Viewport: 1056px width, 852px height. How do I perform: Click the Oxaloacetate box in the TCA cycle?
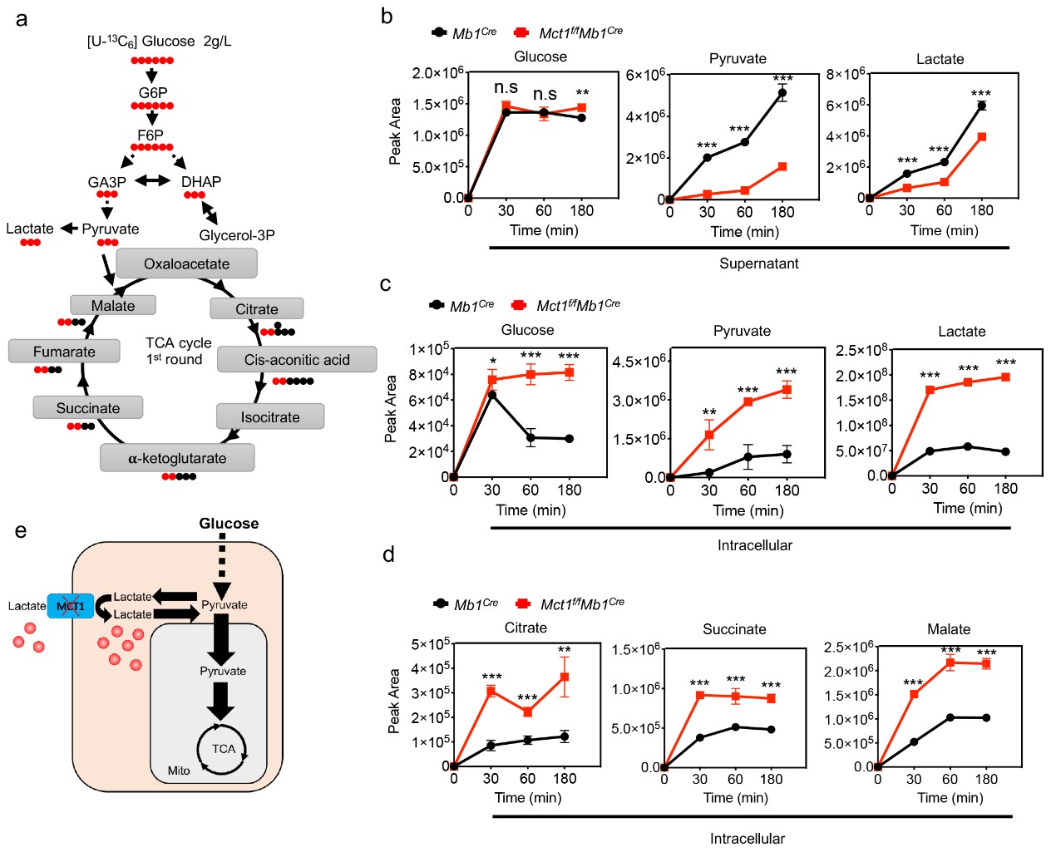click(x=186, y=263)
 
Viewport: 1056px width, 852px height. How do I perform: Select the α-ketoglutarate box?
click(x=177, y=458)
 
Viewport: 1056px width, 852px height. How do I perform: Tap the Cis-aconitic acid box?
click(x=297, y=360)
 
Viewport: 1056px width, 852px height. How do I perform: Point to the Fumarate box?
click(x=64, y=352)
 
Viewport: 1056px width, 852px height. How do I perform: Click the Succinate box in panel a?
click(x=88, y=408)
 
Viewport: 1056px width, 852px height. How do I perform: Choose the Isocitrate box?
click(x=270, y=416)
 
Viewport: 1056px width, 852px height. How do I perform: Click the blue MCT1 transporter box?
click(x=71, y=606)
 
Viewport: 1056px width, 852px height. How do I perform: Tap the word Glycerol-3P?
click(x=237, y=235)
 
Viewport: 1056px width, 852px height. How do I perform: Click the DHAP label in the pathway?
click(x=201, y=181)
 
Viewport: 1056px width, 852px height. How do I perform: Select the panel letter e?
click(x=21, y=530)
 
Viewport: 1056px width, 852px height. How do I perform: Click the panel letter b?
click(x=387, y=16)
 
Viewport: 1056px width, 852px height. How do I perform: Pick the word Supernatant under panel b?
click(x=758, y=263)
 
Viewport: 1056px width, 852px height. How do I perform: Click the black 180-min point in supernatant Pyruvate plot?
click(x=782, y=93)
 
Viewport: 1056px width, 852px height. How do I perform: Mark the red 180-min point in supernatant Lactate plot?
click(x=982, y=137)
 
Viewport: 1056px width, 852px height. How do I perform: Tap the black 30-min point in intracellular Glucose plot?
click(x=492, y=395)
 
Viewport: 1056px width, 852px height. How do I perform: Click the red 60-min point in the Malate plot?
click(x=950, y=662)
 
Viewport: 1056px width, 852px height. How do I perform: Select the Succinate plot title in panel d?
click(x=734, y=629)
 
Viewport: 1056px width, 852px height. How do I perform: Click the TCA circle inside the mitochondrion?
click(x=222, y=749)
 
